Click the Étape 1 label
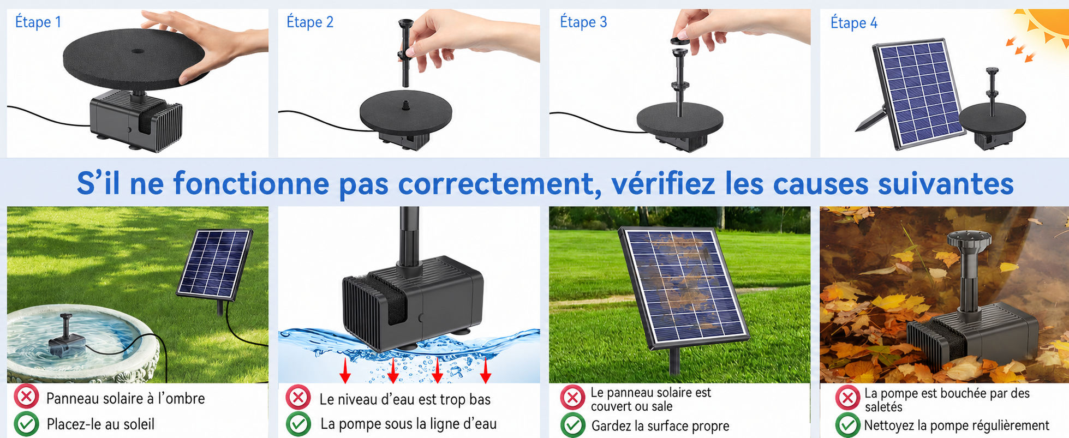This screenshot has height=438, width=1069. (38, 22)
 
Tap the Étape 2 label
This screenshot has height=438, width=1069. (310, 22)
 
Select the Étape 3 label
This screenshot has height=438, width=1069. (583, 22)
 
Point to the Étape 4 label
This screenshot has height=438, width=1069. (854, 23)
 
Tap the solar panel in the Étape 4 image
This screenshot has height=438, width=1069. (917, 94)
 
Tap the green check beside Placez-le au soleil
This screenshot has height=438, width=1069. (26, 424)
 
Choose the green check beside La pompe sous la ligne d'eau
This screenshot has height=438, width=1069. (298, 424)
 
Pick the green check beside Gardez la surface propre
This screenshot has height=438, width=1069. (573, 425)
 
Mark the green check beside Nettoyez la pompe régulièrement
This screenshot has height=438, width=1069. (847, 425)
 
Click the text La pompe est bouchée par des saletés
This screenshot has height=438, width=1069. (947, 400)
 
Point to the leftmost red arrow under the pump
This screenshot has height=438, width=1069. (345, 370)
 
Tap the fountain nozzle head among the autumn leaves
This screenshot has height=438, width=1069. (969, 241)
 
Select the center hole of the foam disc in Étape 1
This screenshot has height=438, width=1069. (138, 52)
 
